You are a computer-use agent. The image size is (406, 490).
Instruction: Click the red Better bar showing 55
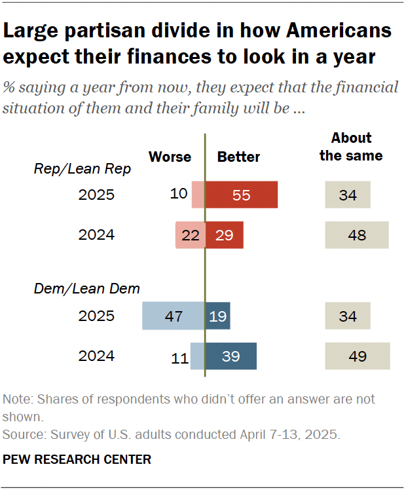click(x=242, y=195)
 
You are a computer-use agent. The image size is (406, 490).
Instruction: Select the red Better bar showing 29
click(x=225, y=235)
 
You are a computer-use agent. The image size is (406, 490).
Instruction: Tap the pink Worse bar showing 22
click(x=190, y=235)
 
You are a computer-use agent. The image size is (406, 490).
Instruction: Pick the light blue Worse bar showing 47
click(x=174, y=316)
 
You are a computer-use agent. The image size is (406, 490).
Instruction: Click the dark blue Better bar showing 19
click(x=217, y=316)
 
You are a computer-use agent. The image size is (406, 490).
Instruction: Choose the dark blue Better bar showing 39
click(x=231, y=356)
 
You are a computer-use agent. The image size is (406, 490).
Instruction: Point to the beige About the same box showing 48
click(x=357, y=235)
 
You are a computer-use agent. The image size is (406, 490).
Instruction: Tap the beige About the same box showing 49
click(x=357, y=356)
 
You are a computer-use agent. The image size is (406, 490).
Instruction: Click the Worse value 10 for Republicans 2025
click(x=179, y=195)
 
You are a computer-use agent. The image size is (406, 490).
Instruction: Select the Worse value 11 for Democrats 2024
click(x=179, y=357)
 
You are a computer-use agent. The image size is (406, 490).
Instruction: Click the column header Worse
click(x=170, y=157)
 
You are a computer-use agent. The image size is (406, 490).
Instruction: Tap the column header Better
click(x=238, y=157)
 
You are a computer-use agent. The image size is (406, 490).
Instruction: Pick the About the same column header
click(x=351, y=147)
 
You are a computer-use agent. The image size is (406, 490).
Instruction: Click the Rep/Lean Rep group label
click(x=83, y=169)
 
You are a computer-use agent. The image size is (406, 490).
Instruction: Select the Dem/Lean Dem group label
click(x=86, y=288)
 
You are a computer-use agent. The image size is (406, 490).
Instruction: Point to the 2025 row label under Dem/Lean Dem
click(x=96, y=316)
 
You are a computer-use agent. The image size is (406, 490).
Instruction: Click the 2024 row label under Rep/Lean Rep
click(x=96, y=235)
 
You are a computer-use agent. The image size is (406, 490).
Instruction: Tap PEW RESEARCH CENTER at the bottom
click(x=77, y=460)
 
